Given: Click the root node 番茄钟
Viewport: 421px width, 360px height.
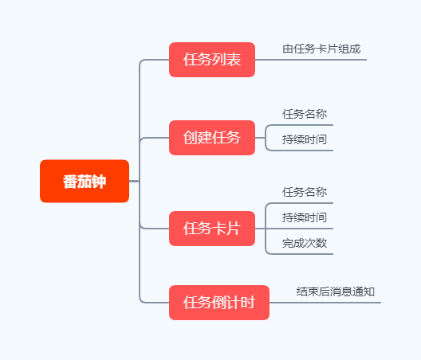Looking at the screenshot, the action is (85, 181).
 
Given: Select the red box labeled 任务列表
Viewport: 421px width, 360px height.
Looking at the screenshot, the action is (212, 60).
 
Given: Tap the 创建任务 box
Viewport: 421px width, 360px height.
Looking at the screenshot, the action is (212, 138).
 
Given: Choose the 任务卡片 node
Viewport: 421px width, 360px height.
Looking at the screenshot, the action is (212, 229).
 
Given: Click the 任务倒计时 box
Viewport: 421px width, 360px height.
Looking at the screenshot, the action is (219, 303).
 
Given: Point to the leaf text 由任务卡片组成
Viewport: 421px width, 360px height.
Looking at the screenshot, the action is (321, 49).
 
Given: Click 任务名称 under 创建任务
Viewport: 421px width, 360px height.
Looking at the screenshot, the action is (305, 114).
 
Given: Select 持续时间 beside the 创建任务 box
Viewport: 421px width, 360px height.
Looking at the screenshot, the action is (305, 139).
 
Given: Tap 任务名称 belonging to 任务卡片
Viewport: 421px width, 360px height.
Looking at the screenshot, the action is (305, 192).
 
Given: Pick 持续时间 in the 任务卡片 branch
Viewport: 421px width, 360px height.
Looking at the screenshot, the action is (305, 217).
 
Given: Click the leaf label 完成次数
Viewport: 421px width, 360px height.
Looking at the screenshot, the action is (305, 243).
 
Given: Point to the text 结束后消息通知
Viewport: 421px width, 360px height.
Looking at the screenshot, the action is (336, 292).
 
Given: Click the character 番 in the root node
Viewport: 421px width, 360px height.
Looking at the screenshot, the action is (70, 182).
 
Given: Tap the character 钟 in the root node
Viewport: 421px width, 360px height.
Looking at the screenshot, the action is (99, 182).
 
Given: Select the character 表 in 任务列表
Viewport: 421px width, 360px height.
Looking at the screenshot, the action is (234, 60).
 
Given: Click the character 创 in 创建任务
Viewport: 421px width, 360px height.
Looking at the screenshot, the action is (190, 138).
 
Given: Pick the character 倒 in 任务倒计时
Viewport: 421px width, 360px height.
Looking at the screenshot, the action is (219, 303).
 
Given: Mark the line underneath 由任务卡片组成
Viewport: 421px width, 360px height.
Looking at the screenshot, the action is (311, 60).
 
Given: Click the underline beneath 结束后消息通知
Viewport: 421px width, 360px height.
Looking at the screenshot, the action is (325, 303).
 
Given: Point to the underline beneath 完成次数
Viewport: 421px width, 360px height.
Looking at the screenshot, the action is (301, 254).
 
